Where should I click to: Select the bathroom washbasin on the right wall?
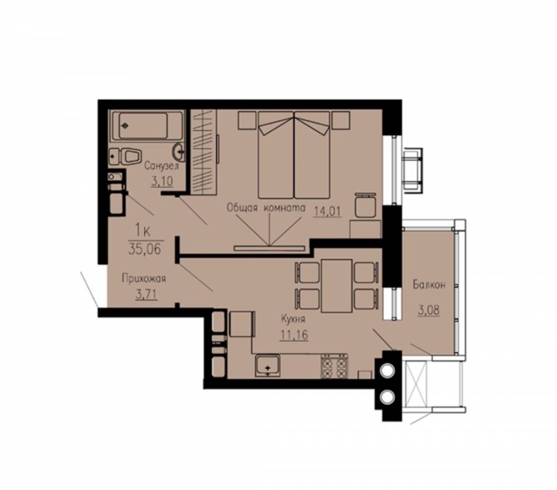click(x=178, y=153)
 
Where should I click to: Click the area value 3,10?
click(x=162, y=181)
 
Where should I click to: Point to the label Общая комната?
click(x=266, y=208)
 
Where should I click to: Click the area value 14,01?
click(x=327, y=211)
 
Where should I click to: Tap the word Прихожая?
click(x=144, y=278)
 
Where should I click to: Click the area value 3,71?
click(x=146, y=295)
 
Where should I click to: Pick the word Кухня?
click(x=293, y=319)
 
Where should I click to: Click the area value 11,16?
click(x=294, y=335)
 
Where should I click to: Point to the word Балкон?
click(x=429, y=285)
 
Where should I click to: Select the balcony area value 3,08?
click(x=429, y=310)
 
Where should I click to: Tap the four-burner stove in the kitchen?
click(x=334, y=366)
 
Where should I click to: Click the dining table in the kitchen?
click(x=336, y=286)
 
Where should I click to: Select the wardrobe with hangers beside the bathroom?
click(x=203, y=152)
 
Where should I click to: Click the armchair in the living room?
click(x=365, y=205)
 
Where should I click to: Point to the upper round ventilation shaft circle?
click(x=387, y=370)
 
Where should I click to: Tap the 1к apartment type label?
click(x=143, y=231)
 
